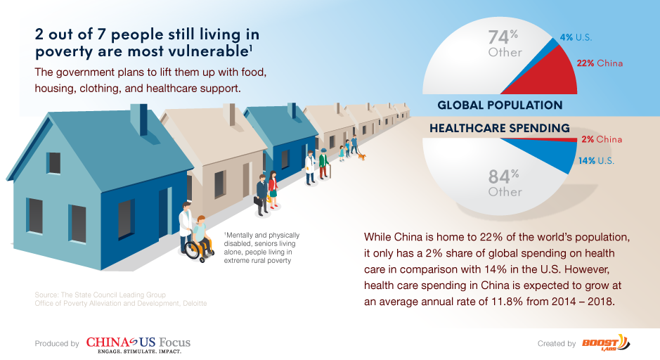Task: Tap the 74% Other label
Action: pyautogui.click(x=505, y=44)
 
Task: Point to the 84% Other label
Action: pyautogui.click(x=505, y=183)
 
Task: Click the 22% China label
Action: pyautogui.click(x=600, y=63)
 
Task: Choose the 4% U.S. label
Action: pyautogui.click(x=576, y=37)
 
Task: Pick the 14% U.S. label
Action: pyautogui.click(x=596, y=161)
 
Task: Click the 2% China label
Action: pyautogui.click(x=602, y=139)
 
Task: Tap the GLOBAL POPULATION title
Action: pyautogui.click(x=500, y=105)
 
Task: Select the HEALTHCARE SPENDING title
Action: pyautogui.click(x=500, y=128)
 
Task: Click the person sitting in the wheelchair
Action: pyautogui.click(x=200, y=236)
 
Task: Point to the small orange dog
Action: pyautogui.click(x=361, y=157)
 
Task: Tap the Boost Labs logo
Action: pyautogui.click(x=606, y=342)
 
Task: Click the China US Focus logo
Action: pyautogui.click(x=138, y=345)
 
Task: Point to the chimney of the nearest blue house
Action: pyautogui.click(x=139, y=119)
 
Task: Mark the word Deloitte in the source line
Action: pyautogui.click(x=195, y=303)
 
